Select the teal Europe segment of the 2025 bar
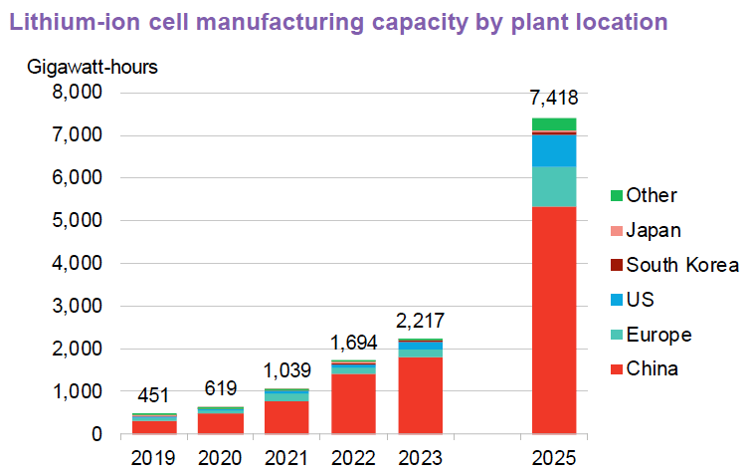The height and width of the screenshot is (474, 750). [554, 186]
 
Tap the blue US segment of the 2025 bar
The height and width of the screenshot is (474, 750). [554, 149]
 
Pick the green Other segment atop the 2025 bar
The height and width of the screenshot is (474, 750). [554, 123]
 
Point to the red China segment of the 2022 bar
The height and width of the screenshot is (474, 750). [353, 404]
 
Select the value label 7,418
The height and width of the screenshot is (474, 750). [554, 99]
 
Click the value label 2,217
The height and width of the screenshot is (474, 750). [420, 321]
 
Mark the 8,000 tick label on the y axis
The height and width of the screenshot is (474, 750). [76, 93]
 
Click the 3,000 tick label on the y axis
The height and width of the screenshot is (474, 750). [76, 307]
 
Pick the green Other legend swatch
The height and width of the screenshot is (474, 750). [616, 196]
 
